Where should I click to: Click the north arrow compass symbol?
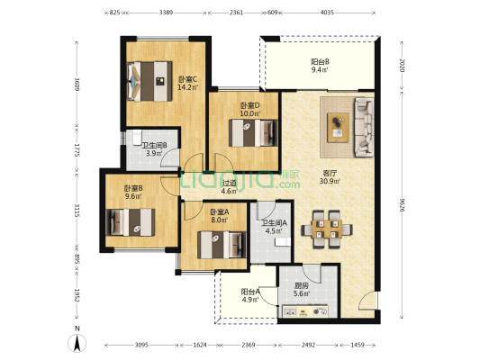point(77,343)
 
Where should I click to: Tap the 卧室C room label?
point(188,79)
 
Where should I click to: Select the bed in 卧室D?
point(253,132)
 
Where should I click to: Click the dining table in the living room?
point(327,229)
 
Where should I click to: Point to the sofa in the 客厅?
point(364,127)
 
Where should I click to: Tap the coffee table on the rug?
point(338,127)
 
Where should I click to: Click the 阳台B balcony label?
point(320,62)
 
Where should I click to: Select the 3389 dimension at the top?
point(166,13)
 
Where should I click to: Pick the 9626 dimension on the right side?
point(403,206)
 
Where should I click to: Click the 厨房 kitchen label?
point(301,285)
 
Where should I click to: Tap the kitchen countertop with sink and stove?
point(305,311)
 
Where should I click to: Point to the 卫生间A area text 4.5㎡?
point(274,230)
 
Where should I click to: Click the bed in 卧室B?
point(130,222)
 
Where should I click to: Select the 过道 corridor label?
point(230,183)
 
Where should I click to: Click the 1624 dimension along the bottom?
point(200,345)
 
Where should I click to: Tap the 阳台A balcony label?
point(250,292)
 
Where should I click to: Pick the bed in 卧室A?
point(222,245)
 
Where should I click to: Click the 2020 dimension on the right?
point(403,65)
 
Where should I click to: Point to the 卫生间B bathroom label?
point(155,145)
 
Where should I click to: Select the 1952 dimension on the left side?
point(77,295)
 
